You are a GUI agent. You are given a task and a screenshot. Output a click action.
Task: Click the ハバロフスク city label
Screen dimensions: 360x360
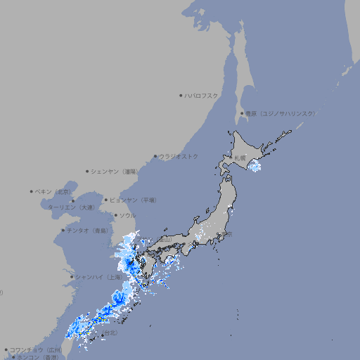point(202,95)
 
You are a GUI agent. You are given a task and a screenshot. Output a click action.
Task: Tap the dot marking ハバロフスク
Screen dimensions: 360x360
point(181,95)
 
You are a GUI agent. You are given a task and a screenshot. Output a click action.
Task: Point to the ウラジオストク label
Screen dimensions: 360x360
point(179,156)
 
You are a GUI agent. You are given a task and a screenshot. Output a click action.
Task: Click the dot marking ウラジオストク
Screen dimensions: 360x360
point(155,157)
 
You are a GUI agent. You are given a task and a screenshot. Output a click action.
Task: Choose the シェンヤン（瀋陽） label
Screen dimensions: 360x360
point(115,171)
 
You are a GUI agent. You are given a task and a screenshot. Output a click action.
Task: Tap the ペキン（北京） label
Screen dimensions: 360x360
point(54,191)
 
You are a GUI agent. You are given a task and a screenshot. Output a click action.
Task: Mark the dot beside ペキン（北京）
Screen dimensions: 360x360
point(32,191)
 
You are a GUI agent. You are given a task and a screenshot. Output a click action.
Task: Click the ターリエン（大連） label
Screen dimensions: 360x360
point(71,207)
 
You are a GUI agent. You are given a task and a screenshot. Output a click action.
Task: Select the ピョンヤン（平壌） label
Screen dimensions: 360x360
point(133,200)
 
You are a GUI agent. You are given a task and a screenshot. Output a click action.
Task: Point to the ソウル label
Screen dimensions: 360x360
point(127,215)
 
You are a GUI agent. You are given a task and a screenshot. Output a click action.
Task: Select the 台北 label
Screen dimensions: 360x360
point(111,332)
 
